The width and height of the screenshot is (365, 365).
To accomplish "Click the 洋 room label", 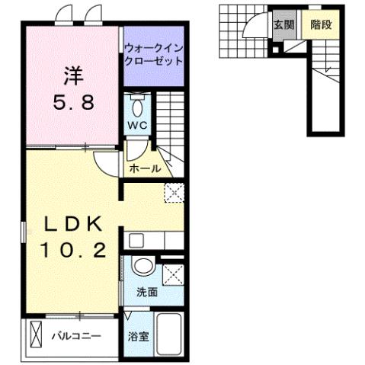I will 72,76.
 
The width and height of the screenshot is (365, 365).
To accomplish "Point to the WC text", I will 137,125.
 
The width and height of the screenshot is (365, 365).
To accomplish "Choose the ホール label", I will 145,168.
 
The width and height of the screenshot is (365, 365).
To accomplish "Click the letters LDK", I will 73,225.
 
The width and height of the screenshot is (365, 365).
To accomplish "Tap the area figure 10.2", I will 73,249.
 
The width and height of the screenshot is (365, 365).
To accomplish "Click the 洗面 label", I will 147,290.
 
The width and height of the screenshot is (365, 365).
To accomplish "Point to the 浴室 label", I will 138,335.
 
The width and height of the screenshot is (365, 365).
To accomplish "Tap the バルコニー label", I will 76,335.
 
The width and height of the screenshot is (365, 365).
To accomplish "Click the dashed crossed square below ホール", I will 173,194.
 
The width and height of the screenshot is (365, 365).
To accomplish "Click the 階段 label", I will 320,24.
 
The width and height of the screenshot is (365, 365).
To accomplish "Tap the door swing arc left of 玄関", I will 255,27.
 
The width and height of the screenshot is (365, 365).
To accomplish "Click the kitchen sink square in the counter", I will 136,241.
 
